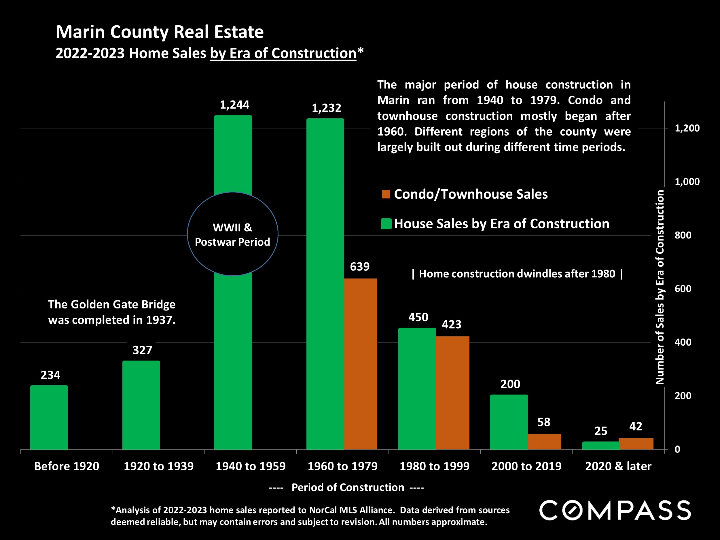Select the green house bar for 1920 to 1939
tap(141, 405)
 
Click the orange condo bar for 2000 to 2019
tap(545, 442)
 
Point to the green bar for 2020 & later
tap(601, 446)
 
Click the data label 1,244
tap(234, 105)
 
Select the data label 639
tap(360, 267)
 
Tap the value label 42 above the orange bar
tap(636, 427)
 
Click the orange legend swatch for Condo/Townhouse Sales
tap(386, 194)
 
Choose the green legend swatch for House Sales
tap(386, 224)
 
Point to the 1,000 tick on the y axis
tap(687, 182)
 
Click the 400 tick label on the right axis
tap(683, 342)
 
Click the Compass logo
tap(615, 510)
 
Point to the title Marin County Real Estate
tap(160, 32)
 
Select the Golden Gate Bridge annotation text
tap(112, 312)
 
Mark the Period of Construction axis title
tap(347, 487)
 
